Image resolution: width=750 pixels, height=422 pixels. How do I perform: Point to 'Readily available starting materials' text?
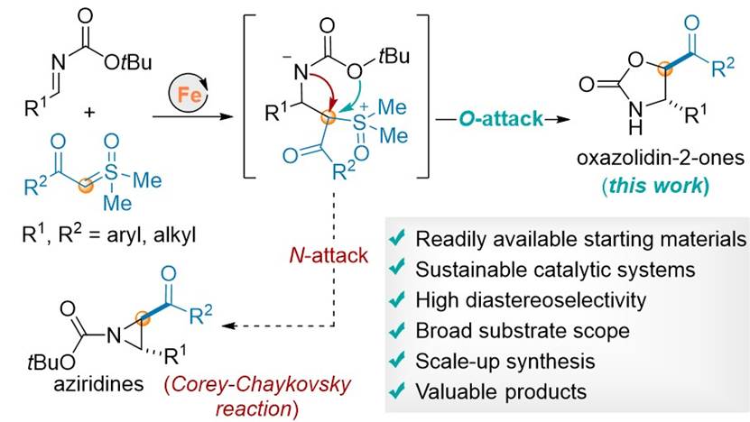(580, 240)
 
